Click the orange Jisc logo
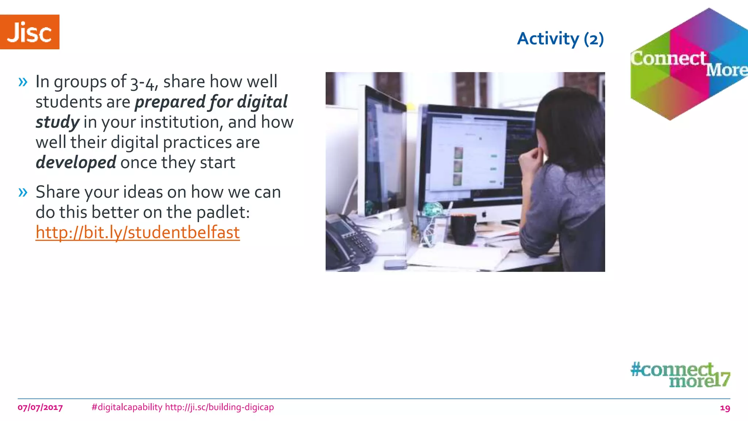coord(30,32)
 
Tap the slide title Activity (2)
coord(560,39)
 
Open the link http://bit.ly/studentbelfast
coord(137,232)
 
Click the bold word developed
coord(76,163)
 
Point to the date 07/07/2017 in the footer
coord(40,407)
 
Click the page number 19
coord(725,408)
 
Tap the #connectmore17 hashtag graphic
coord(680,375)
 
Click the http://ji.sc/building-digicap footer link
coord(219,407)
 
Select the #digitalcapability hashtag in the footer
coord(127,407)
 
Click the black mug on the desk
coord(463,228)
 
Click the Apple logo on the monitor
coord(485,214)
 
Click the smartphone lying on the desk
coord(395,264)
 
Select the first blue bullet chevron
coord(23,82)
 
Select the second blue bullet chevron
coord(23,192)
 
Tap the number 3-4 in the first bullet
coord(144,83)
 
